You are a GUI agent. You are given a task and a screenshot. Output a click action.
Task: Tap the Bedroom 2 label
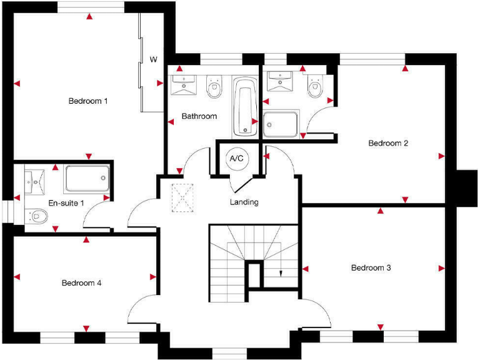pyautogui.click(x=388, y=143)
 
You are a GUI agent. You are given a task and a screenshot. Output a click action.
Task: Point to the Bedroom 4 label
pyautogui.click(x=81, y=283)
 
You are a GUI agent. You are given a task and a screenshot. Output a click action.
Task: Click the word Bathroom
pyautogui.click(x=199, y=116)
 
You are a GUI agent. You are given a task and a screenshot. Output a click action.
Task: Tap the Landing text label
pyautogui.click(x=244, y=202)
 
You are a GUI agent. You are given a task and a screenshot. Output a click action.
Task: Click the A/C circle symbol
pyautogui.click(x=237, y=159)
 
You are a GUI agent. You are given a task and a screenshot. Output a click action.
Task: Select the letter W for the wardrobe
pyautogui.click(x=153, y=60)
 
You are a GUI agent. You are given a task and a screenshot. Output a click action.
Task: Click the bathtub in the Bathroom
pyautogui.click(x=244, y=106)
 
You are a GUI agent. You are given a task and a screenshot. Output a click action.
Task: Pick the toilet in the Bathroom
pyautogui.click(x=214, y=87)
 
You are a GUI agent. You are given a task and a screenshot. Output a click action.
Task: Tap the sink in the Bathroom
pyautogui.click(x=183, y=83)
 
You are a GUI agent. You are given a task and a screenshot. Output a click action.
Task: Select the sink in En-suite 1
pyautogui.click(x=33, y=182)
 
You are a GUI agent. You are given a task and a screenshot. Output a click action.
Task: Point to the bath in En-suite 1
pyautogui.click(x=86, y=179)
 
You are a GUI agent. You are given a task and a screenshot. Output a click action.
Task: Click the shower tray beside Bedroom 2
pyautogui.click(x=281, y=124)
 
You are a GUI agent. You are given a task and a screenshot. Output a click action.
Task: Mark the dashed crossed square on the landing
pyautogui.click(x=183, y=198)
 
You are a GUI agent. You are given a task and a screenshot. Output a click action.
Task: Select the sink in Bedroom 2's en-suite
pyautogui.click(x=279, y=82)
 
